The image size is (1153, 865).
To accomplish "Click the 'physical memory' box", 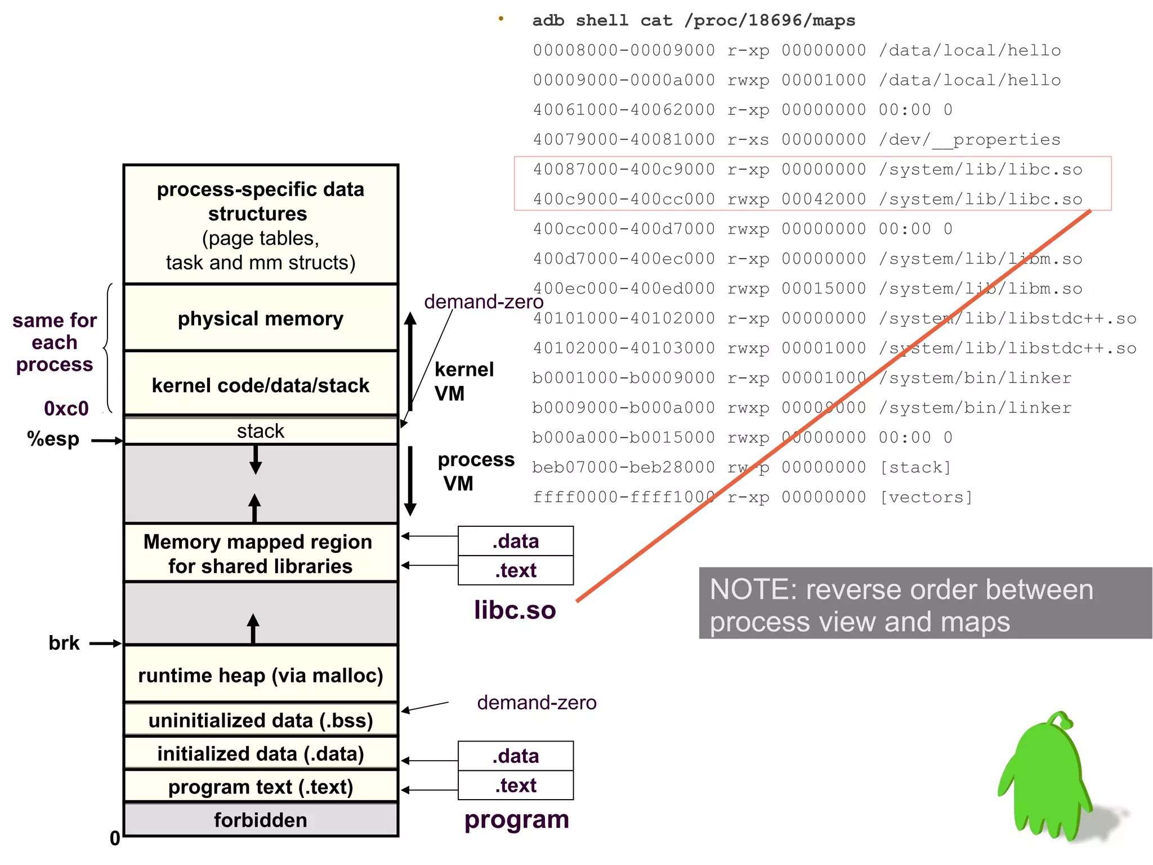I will click(x=260, y=318).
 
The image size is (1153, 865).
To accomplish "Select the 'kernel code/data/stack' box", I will click(x=260, y=385).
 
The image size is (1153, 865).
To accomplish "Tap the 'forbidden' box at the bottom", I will click(x=260, y=820).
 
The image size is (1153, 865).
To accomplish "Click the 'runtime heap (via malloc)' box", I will click(x=260, y=675).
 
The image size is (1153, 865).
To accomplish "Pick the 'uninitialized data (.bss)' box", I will click(x=260, y=720).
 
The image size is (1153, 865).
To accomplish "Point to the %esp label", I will click(x=53, y=439).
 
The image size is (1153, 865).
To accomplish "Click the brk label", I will click(x=64, y=643).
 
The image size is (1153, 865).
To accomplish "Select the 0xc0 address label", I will click(x=66, y=409).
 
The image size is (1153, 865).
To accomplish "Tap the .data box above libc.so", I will click(x=516, y=541).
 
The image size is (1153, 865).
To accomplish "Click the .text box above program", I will click(x=516, y=785).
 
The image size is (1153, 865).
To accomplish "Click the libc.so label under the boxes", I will click(x=515, y=610).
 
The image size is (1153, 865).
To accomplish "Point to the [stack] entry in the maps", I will click(x=915, y=467).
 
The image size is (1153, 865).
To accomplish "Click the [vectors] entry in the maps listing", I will click(x=926, y=497).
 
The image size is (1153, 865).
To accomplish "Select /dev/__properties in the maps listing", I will click(x=969, y=140).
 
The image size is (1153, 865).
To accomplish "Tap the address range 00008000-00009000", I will click(x=624, y=50).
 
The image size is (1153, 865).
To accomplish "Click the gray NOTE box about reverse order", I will click(x=925, y=603).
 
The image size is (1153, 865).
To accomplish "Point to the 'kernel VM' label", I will click(x=463, y=381).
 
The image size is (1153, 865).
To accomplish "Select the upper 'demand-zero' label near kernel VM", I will click(x=484, y=302).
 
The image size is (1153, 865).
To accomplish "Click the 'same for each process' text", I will click(x=54, y=342).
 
